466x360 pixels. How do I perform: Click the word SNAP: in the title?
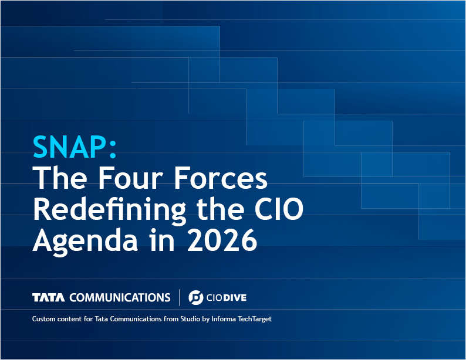[75, 147]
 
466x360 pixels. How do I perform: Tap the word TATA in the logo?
[49, 298]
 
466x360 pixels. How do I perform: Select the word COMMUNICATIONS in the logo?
[120, 298]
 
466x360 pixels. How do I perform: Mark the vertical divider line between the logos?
[180, 298]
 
